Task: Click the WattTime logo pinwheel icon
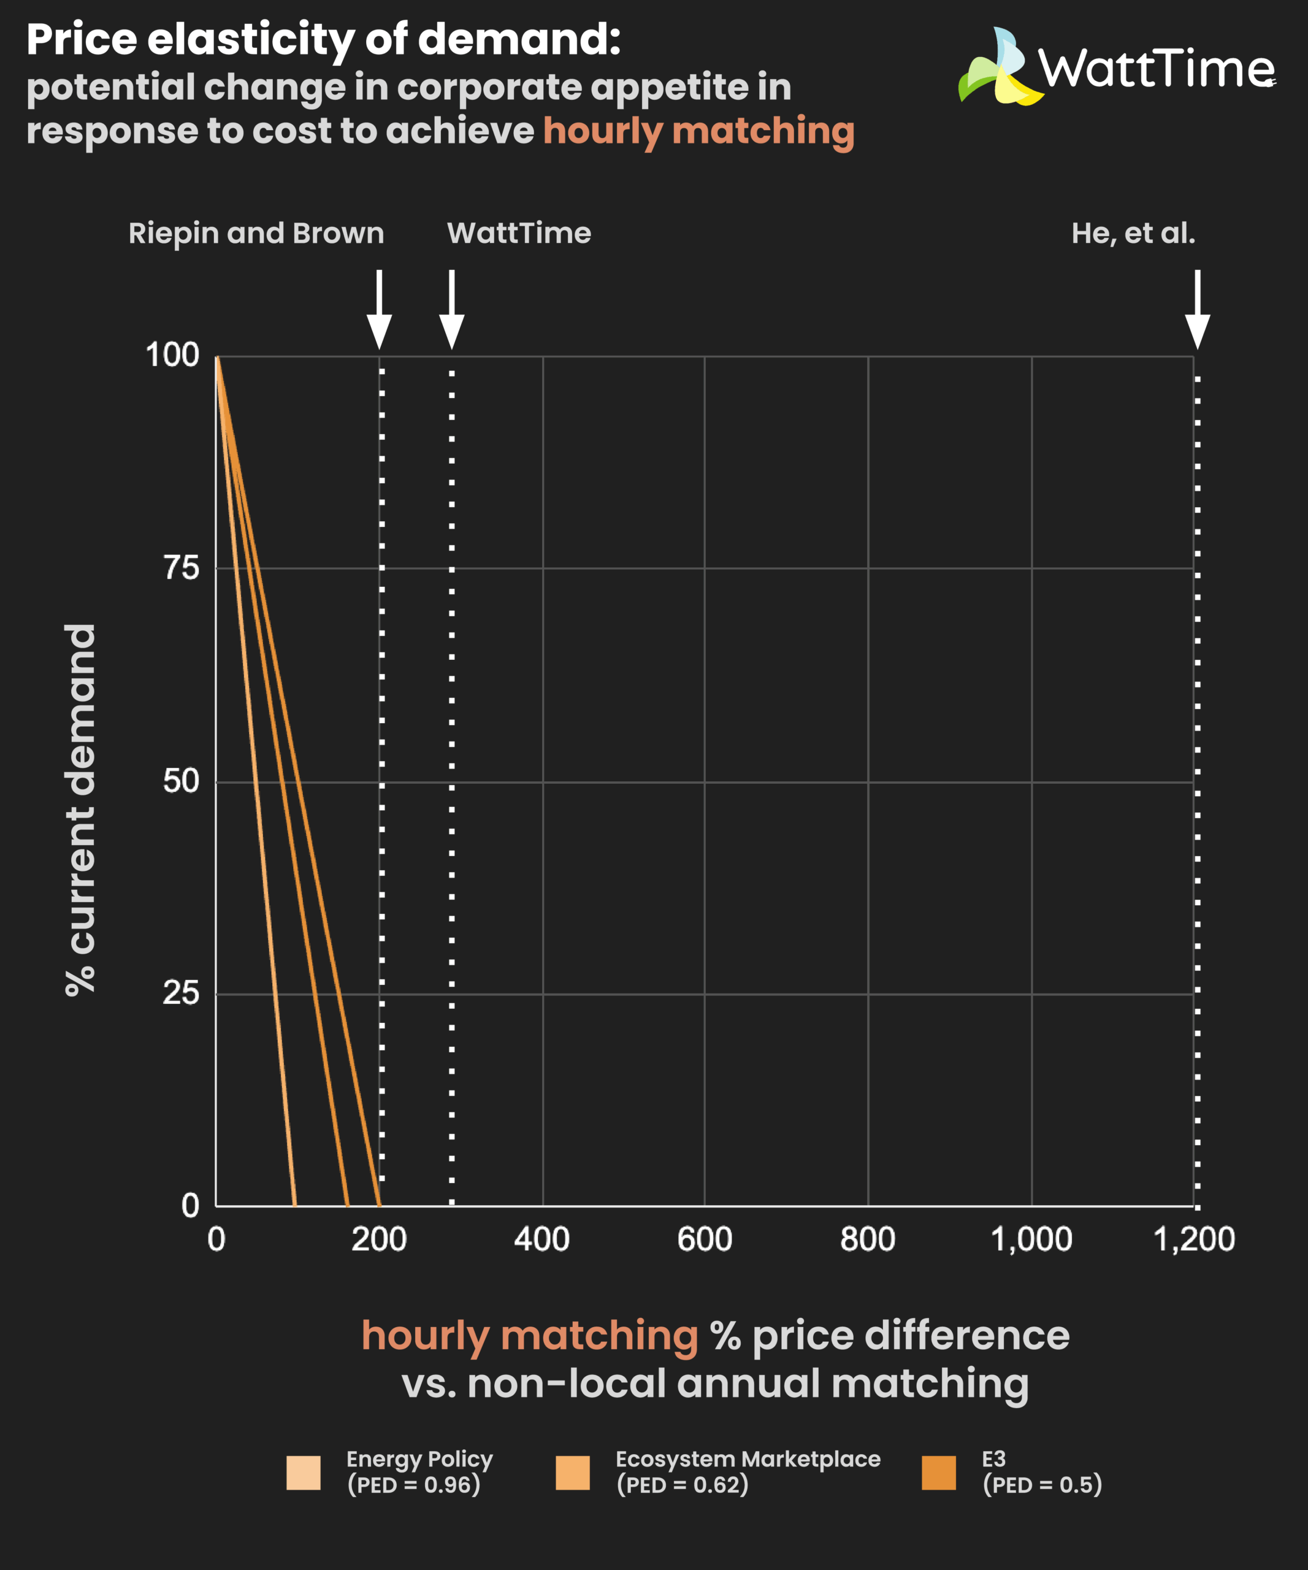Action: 1000,68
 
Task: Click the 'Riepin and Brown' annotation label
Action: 256,233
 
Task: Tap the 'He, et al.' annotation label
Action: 1133,233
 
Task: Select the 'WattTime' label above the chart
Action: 519,233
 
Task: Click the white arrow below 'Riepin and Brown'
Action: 379,310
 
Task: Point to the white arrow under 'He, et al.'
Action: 1198,310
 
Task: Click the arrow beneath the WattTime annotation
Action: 451,310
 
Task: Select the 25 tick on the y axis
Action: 182,994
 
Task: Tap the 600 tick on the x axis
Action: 704,1239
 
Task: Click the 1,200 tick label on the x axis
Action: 1194,1239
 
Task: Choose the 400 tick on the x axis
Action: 542,1239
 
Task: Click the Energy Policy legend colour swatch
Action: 304,1473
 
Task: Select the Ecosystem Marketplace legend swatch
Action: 573,1473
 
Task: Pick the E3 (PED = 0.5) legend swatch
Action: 939,1473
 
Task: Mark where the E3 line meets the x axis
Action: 380,1205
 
